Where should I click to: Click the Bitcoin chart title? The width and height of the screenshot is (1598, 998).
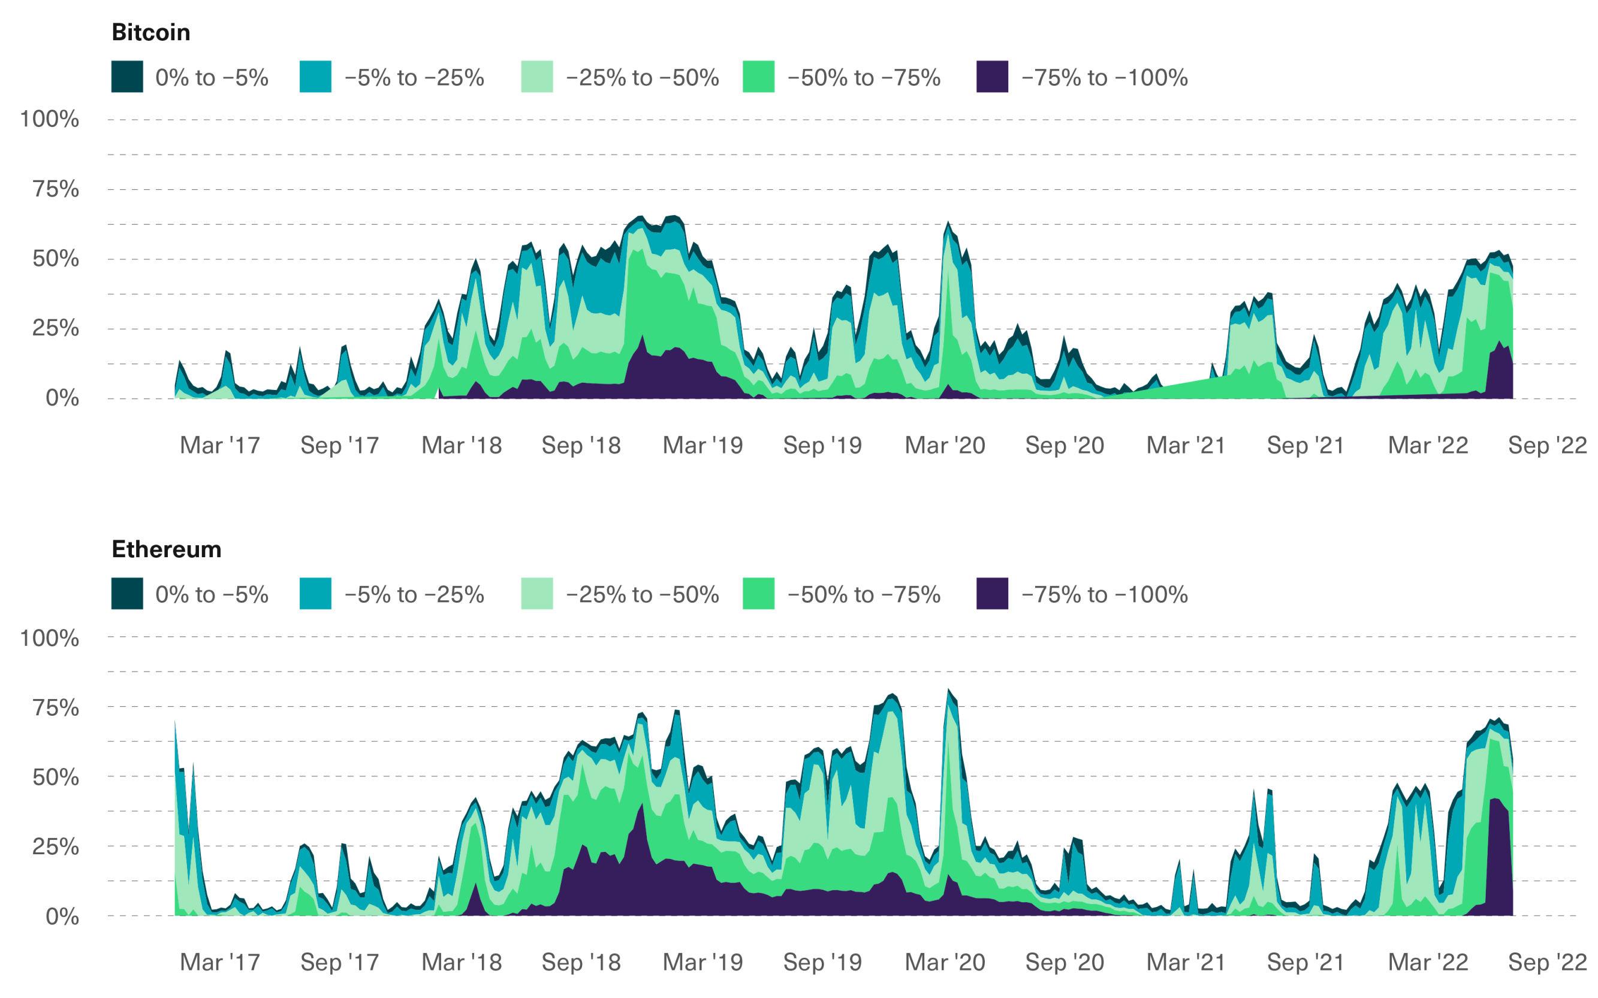(x=150, y=32)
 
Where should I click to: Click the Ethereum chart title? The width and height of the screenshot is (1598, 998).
(x=167, y=549)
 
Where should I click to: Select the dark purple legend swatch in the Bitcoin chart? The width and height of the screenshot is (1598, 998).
(x=992, y=77)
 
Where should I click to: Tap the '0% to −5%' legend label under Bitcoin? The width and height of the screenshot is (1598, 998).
(x=212, y=78)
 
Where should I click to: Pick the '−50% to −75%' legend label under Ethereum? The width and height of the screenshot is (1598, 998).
(x=863, y=595)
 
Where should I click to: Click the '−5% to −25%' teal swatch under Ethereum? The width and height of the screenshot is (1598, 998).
(x=315, y=594)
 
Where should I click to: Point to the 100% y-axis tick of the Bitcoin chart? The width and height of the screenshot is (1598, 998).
(x=50, y=119)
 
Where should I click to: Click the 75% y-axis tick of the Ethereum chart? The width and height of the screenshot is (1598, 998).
(x=56, y=707)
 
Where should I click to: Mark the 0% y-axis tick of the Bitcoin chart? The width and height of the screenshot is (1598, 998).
(x=62, y=398)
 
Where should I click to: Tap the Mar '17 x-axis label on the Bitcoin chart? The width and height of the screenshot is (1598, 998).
(x=220, y=446)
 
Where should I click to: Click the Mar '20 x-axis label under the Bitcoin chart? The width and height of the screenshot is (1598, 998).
(x=944, y=446)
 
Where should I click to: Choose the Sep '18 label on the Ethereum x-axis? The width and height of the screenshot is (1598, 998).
(x=581, y=962)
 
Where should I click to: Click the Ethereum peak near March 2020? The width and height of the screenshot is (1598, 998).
(x=948, y=691)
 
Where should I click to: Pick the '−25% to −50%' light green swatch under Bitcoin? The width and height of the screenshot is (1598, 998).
(x=536, y=77)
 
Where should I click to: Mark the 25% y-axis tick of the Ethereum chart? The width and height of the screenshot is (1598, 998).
(x=56, y=846)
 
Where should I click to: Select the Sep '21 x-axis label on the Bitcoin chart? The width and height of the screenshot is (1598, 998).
(x=1305, y=446)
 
